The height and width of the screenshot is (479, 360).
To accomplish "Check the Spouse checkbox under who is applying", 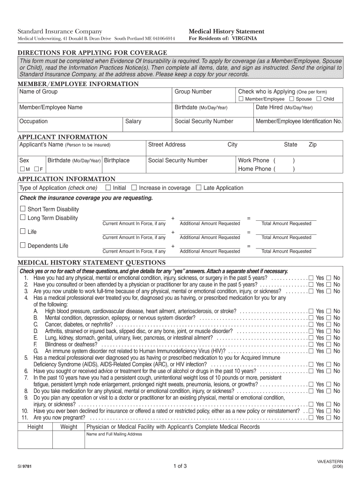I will pos(292,99).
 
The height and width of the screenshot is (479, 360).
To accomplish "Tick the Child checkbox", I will pos(319,99).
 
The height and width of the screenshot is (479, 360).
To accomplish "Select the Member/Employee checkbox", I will pos(241,99).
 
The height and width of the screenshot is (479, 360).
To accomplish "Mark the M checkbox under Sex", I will pos(22,169).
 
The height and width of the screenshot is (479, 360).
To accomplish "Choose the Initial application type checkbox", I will pos(108,188).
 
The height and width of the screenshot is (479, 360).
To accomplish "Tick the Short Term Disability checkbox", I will pos(22,209).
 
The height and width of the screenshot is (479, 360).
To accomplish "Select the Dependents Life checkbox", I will pos(22,245).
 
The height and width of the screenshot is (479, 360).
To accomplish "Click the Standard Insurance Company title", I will pos(60,31).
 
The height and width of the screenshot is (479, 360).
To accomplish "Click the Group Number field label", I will pos(193,92).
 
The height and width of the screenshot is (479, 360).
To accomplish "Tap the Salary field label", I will pos(133,121).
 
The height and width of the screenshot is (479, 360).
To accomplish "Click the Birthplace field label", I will pos(117,160).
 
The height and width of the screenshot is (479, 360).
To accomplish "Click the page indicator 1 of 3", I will pos(180,466).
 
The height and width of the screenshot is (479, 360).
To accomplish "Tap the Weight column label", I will pos(69,427).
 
